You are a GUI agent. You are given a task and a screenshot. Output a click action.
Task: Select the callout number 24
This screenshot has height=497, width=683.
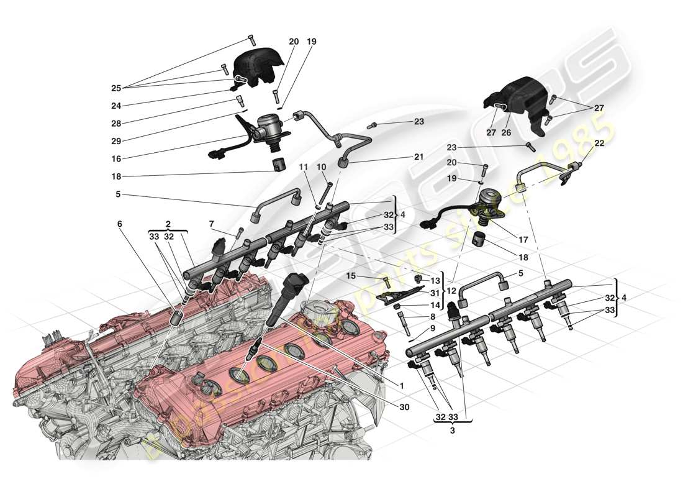coord(116,105)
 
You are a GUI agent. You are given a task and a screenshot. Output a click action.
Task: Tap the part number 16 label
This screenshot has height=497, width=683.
coord(116,159)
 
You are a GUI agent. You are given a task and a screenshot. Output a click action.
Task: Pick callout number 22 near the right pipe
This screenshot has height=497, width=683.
coord(599,143)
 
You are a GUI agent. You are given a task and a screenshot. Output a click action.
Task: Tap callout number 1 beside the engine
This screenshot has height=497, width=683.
coord(401,386)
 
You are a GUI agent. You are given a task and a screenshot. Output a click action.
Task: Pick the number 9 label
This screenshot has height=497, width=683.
coord(432,328)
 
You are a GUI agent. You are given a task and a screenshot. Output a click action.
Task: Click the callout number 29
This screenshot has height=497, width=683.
coord(116,142)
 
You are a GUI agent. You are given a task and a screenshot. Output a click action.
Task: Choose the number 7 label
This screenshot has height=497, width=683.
coord(211,223)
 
